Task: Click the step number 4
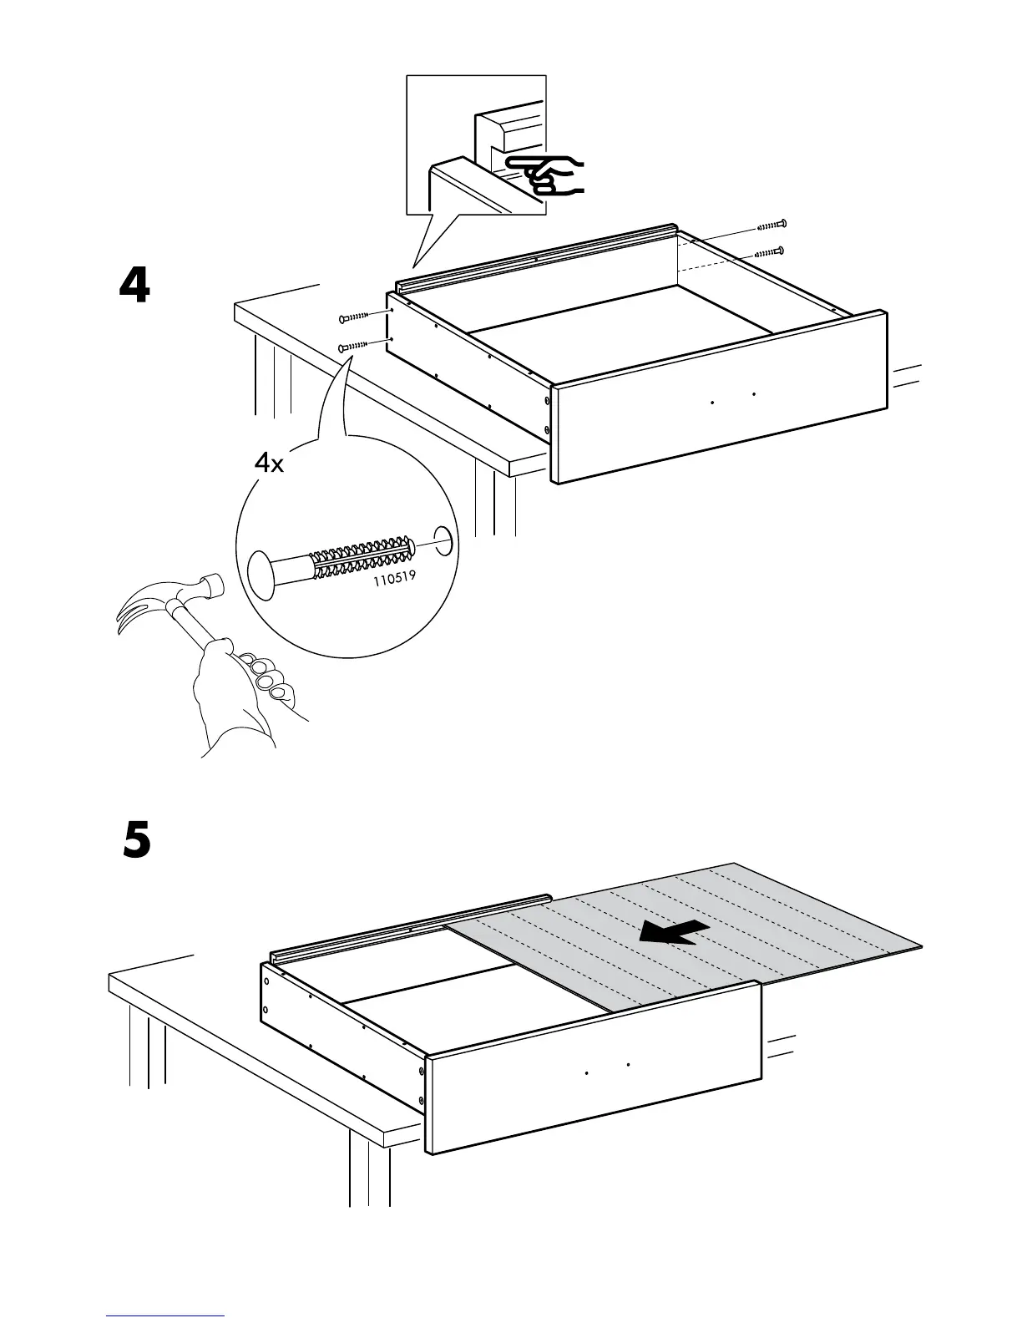[x=134, y=286]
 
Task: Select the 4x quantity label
[x=269, y=463]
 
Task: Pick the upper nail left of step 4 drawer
[x=354, y=317]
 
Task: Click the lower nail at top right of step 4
[x=768, y=251]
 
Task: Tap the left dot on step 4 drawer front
[x=712, y=403]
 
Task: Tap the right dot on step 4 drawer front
[x=753, y=393]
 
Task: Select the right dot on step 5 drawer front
[x=626, y=1065]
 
